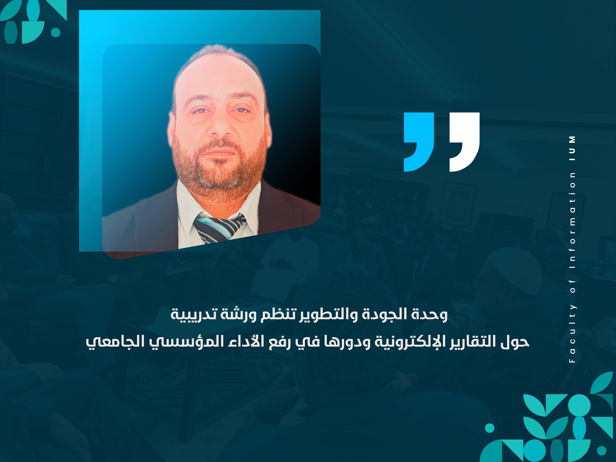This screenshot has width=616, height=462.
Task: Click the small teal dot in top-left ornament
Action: pos(56,32)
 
